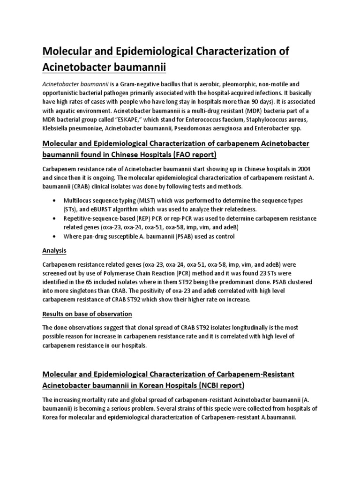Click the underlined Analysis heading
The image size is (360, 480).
pos(54,250)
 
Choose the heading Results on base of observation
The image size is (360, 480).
pos(87,313)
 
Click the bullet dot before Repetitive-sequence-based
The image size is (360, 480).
pos(57,218)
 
